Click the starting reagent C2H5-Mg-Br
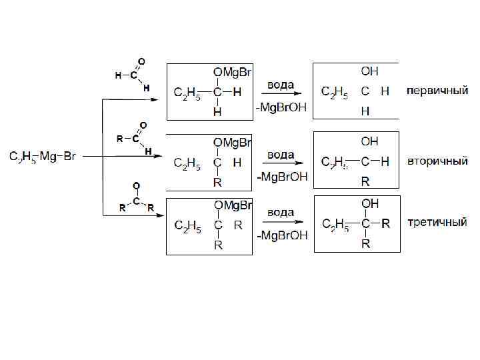coord(43,157)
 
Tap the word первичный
coord(437,91)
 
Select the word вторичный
coord(437,162)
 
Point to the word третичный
coord(437,222)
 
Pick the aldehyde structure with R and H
coord(133,137)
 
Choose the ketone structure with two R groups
coord(136,198)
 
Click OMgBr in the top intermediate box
coord(232,71)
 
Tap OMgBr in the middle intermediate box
coord(232,143)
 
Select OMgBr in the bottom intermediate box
coord(232,204)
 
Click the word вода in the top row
coord(281,85)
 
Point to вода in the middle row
coord(281,155)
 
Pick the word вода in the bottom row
coord(281,213)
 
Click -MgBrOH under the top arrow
coord(282,108)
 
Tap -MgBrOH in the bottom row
coord(282,235)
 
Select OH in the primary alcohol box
coord(369,71)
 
